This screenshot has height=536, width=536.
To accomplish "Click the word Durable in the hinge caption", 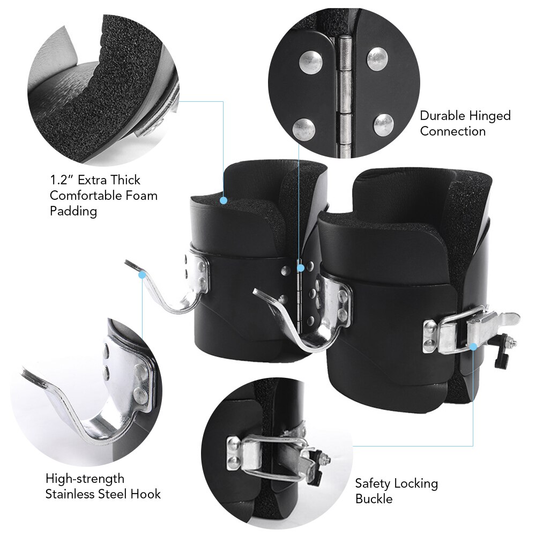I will [443, 116].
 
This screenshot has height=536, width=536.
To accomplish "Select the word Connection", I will [453, 131].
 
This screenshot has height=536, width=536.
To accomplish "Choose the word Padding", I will [73, 211].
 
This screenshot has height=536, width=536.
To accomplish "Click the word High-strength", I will [85, 478].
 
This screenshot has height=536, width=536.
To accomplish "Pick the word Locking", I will [416, 484].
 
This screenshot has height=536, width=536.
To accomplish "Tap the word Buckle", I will [374, 499].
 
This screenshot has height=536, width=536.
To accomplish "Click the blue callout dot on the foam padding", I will [223, 200].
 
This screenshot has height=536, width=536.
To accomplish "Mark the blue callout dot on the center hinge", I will [300, 266].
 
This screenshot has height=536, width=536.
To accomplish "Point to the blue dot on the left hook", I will [142, 275].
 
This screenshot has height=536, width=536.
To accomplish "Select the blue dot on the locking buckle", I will [473, 346].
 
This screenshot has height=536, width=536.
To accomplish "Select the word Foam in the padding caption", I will [143, 195].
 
